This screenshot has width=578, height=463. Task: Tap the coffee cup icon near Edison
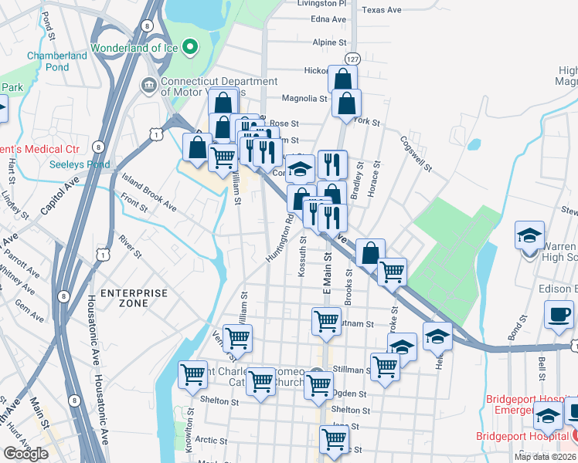pos(559,314)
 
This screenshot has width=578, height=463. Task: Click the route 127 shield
pos(352,59)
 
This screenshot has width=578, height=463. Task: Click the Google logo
pos(25,454)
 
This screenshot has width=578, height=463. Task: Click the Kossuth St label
pos(302,256)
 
